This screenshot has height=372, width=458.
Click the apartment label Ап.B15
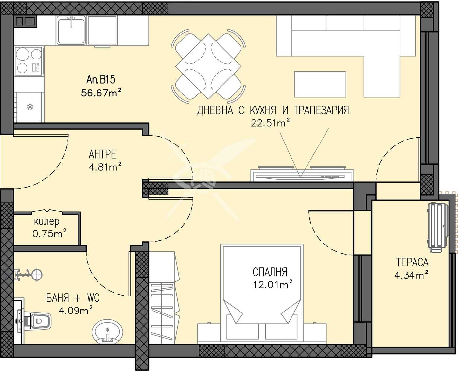coord(101,79)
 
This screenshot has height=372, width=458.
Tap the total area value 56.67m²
coord(101,93)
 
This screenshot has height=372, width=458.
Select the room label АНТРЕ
coord(102,154)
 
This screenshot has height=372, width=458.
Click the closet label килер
coord(47,222)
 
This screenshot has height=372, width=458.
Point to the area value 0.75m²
coord(49,234)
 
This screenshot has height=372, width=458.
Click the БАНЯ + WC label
coord(73,298)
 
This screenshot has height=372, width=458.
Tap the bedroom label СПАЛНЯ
coord(270,272)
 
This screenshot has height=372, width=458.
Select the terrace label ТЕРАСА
coord(412,262)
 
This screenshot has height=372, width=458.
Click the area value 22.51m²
coord(270,123)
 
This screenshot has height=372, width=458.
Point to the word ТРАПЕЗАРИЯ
coord(321,110)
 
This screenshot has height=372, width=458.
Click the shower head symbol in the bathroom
coord(37,274)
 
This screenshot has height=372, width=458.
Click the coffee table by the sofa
coord(320,84)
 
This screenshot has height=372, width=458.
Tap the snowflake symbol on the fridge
coord(30,107)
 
